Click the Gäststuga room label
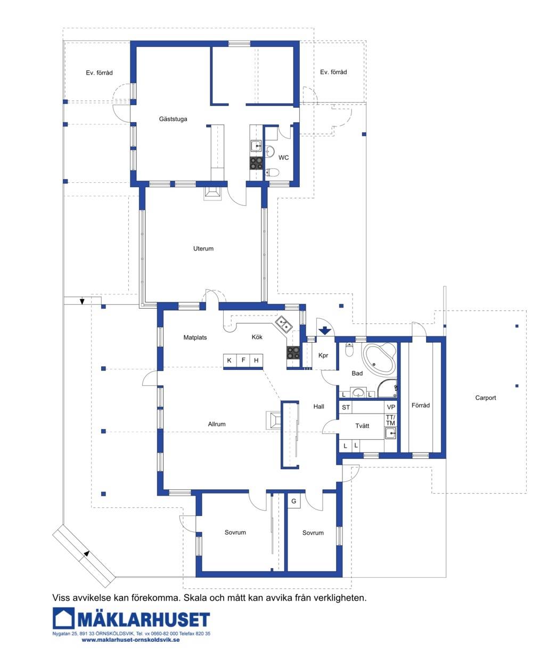pos(173,119)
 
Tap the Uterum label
pos(203,248)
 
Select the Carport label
pos(485,398)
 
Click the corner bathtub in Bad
pos(379,358)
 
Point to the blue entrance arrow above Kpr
pos(324,330)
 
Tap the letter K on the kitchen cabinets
pos(229,360)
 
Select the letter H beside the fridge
pos(256,360)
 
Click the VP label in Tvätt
pos(390,407)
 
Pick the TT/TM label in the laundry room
pos(390,420)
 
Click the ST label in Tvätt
pos(346,407)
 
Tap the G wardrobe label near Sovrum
pos(293,501)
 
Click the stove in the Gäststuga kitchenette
pos(256,163)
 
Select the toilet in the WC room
pos(272,173)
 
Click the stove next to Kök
pos(293,352)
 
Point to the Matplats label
pos(195,337)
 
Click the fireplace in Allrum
pos(274,420)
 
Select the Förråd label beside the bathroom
pos(420,405)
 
